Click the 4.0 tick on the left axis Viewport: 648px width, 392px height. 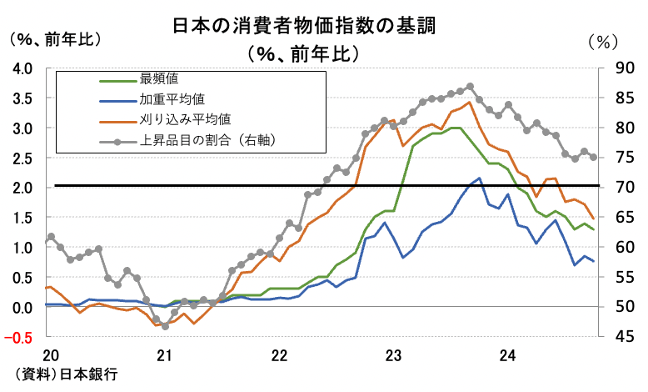(22, 68)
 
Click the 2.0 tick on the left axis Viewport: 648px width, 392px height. (22, 188)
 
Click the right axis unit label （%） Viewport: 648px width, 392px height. (604, 40)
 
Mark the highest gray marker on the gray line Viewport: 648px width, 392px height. (471, 86)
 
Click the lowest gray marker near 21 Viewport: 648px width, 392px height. (165, 326)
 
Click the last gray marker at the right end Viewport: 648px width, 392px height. (593, 157)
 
